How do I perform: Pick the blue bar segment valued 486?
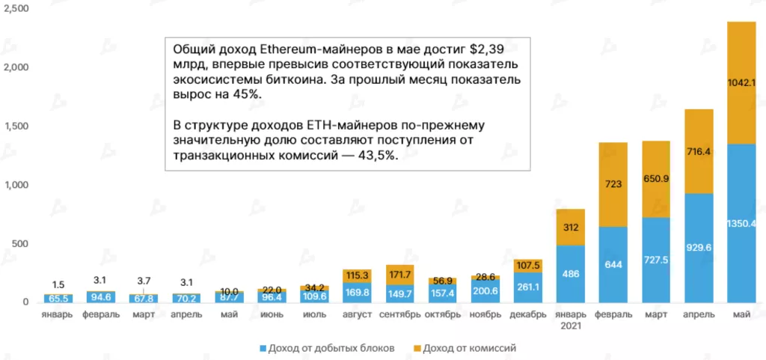tap(571, 274)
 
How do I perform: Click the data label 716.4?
tap(699, 152)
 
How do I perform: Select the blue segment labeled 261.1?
tap(528, 287)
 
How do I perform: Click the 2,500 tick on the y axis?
tap(16, 8)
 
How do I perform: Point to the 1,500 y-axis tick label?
tap(16, 126)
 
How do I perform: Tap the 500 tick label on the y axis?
tap(19, 244)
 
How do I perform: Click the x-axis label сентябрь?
tap(399, 314)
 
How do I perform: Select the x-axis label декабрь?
tap(528, 314)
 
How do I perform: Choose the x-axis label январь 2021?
tap(571, 320)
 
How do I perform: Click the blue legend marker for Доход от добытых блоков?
tap(263, 348)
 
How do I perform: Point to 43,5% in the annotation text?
tap(376, 155)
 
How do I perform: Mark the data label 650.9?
tap(656, 179)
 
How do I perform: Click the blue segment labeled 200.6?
tap(485, 290)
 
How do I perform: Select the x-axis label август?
tap(357, 314)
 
